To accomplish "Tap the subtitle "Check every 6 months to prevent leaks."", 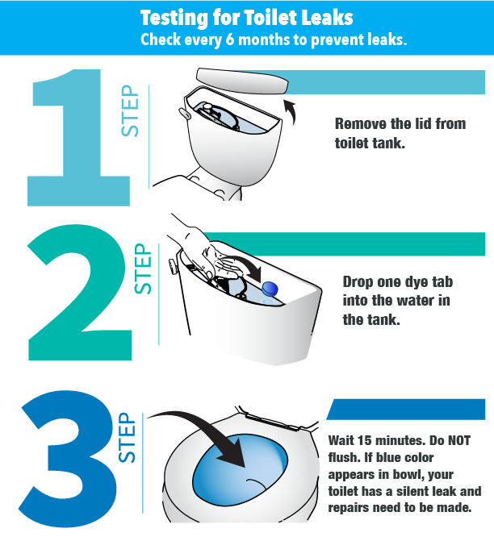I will [274, 40].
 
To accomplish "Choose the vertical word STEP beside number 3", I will [128, 439].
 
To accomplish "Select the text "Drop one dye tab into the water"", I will [396, 292].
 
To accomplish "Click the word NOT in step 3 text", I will [458, 441].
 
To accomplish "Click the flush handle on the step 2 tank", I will [172, 264].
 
